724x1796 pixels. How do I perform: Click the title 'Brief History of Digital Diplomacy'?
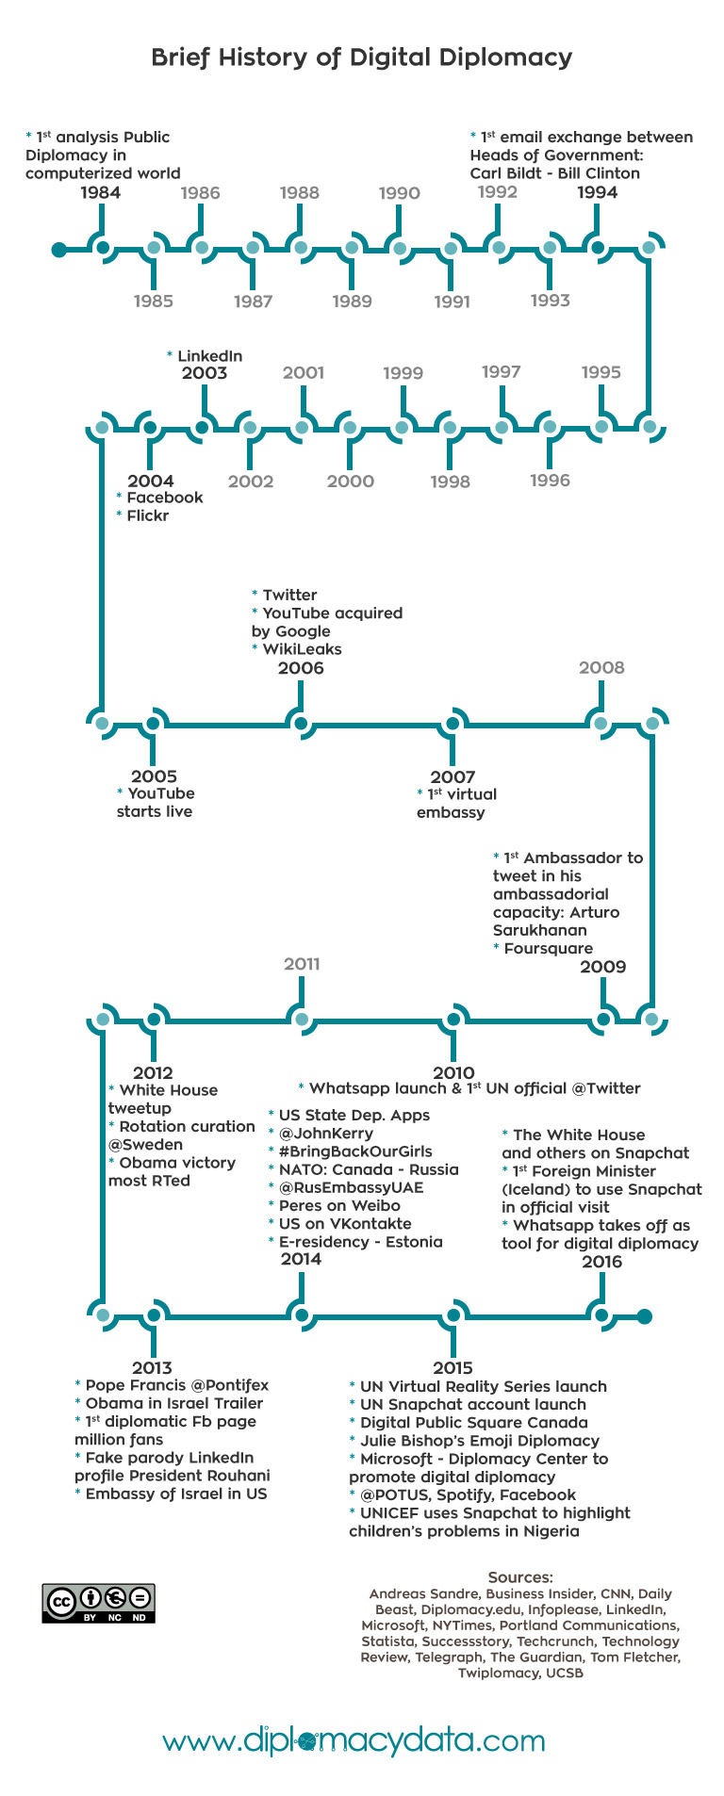[x=362, y=57]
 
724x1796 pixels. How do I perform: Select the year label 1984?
[x=100, y=193]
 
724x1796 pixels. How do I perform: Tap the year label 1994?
[x=597, y=193]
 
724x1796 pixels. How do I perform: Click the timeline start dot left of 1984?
[x=59, y=250]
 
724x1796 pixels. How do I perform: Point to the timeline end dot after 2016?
[x=645, y=1316]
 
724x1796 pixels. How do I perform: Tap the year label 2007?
[x=452, y=777]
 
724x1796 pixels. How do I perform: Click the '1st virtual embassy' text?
[x=456, y=804]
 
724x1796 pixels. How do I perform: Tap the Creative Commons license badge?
[x=98, y=1603]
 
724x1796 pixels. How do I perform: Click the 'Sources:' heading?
[x=520, y=1577]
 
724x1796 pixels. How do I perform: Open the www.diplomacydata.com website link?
[x=354, y=1740]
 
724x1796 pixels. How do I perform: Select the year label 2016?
[x=601, y=1262]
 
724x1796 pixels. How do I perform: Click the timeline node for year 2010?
[x=453, y=1019]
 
